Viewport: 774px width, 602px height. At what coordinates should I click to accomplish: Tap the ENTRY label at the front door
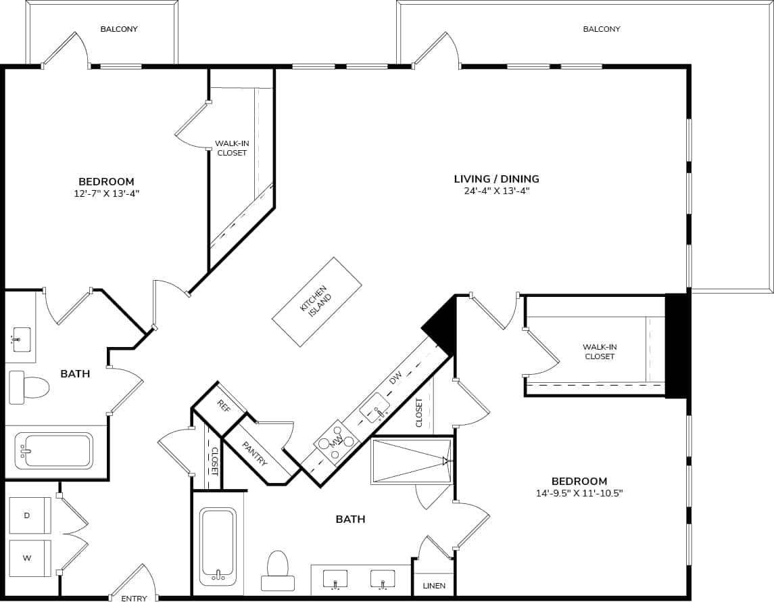(134, 599)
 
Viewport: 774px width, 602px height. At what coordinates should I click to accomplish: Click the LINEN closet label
(434, 586)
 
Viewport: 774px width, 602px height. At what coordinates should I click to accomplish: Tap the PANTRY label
(255, 453)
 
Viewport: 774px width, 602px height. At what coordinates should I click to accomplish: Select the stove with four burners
(337, 442)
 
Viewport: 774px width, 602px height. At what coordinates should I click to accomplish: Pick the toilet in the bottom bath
(278, 572)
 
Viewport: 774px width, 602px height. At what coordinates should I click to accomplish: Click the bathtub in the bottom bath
(218, 545)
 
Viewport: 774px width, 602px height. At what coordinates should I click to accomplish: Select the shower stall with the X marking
(411, 461)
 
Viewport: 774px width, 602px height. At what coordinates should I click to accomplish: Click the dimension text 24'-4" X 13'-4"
(495, 191)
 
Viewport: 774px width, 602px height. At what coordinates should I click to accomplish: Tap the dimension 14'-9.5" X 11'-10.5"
(578, 493)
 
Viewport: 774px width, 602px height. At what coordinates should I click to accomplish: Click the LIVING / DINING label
(496, 179)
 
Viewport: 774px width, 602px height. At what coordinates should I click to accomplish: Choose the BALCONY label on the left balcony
(119, 29)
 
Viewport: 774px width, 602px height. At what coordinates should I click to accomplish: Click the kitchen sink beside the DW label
(374, 407)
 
